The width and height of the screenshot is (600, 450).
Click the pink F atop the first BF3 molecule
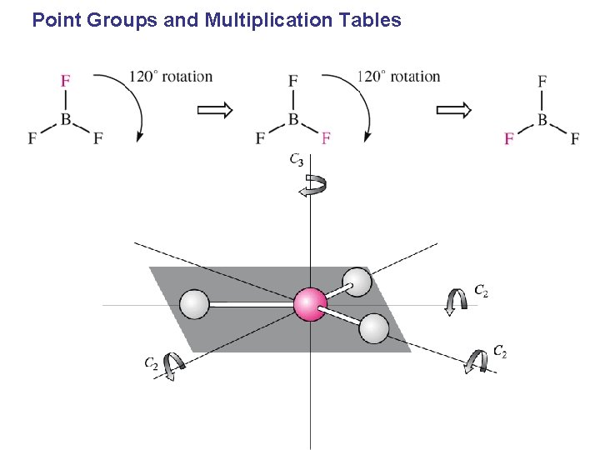click(x=65, y=81)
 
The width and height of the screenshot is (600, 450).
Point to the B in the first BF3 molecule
click(x=65, y=120)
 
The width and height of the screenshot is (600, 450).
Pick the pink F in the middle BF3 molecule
click(x=326, y=137)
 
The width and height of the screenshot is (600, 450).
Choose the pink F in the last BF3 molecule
click(x=508, y=138)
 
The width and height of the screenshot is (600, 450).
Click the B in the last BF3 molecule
click(x=542, y=120)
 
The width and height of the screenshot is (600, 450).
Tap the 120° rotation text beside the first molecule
click(x=171, y=77)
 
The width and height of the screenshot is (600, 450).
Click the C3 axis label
click(x=297, y=159)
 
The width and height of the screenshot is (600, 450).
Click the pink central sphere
click(x=310, y=304)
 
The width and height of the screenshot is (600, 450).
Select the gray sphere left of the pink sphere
click(x=194, y=304)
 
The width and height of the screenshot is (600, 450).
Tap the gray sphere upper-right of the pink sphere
click(x=357, y=281)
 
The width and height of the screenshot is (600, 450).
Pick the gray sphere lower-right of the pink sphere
click(x=374, y=328)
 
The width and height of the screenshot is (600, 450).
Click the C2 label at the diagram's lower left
click(x=152, y=362)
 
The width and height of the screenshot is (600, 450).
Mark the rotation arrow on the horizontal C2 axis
click(x=456, y=302)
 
